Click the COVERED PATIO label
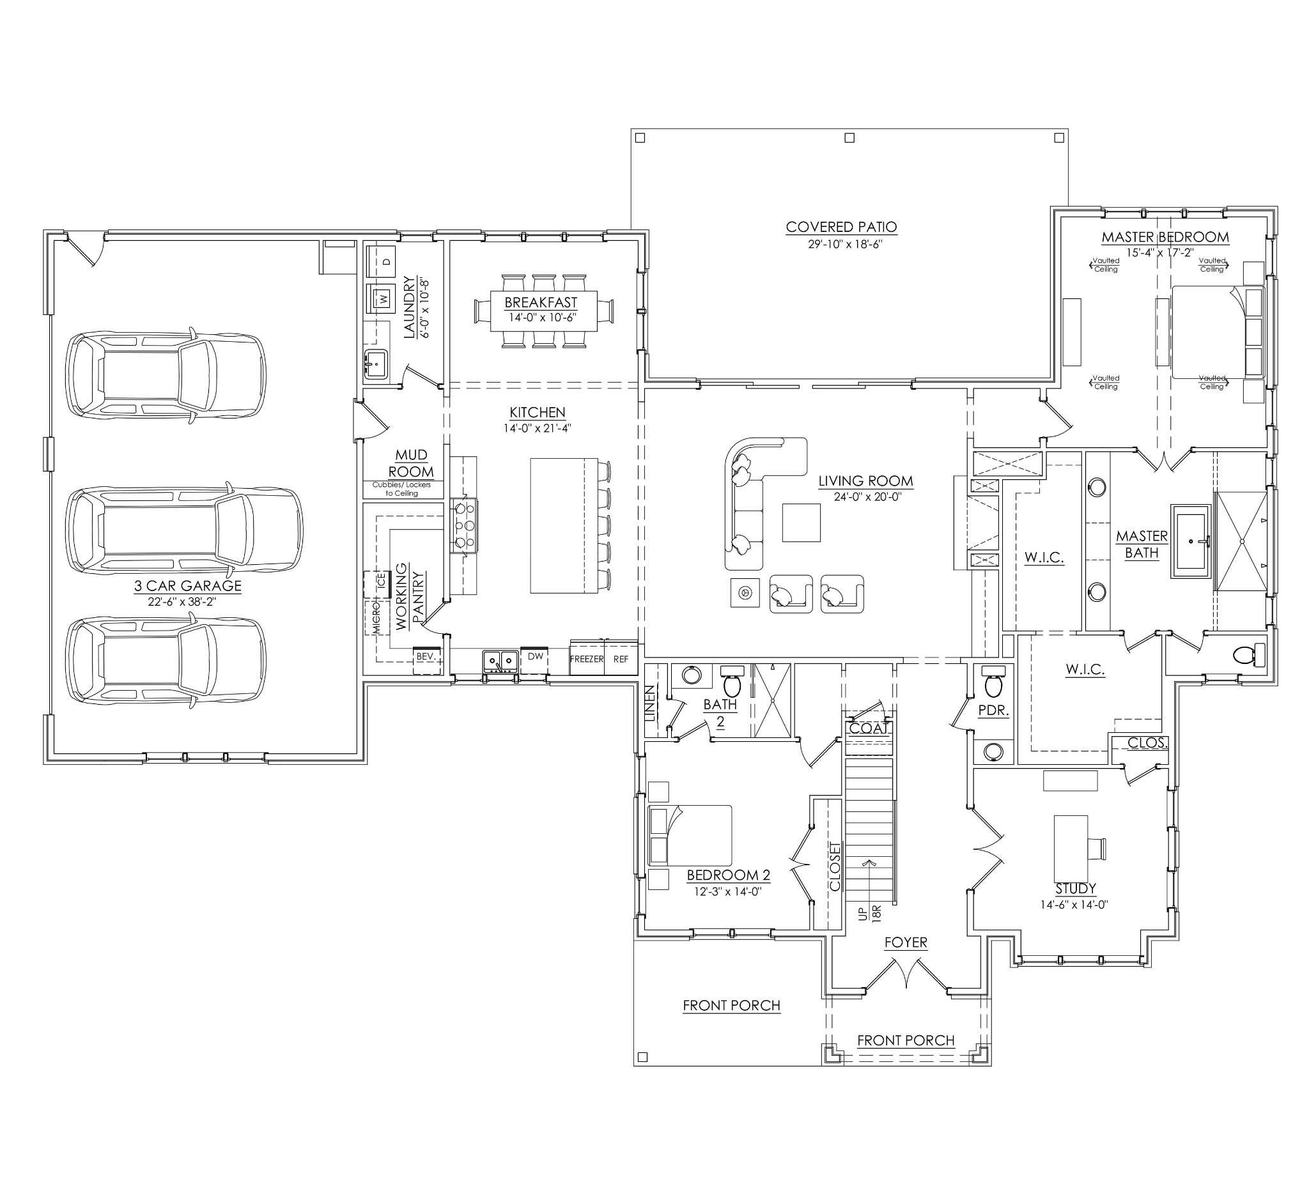(841, 227)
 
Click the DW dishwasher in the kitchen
(535, 661)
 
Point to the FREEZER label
(587, 659)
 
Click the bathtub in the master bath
(1190, 541)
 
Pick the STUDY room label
(1075, 889)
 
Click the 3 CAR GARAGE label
(188, 585)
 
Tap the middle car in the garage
(185, 527)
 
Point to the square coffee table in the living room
(802, 523)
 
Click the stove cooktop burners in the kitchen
(464, 526)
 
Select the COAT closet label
(868, 728)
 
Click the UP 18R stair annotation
(869, 912)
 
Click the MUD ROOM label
(411, 463)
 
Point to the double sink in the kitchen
(500, 661)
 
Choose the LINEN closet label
(650, 703)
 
